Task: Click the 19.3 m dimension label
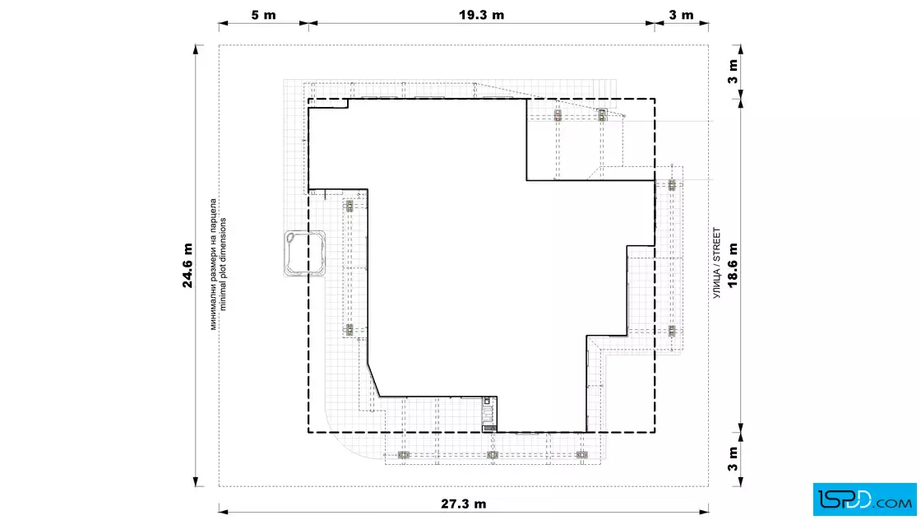point(481,15)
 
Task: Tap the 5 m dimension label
point(263,15)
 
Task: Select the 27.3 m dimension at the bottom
point(464,504)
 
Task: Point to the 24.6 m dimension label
point(187,266)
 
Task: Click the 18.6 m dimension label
point(733,266)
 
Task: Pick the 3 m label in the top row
point(682,15)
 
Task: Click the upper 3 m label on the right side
point(733,72)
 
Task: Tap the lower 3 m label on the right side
point(733,459)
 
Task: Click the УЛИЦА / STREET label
point(716,263)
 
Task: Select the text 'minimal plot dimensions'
point(223,264)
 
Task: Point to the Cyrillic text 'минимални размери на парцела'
point(213,264)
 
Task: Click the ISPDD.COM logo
point(864,499)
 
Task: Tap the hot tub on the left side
point(305,253)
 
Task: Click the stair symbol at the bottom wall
point(489,414)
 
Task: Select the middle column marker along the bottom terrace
point(493,455)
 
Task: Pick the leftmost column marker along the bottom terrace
point(403,455)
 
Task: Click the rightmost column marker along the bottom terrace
point(581,455)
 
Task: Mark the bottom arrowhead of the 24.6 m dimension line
point(197,481)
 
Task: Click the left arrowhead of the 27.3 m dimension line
point(224,511)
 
